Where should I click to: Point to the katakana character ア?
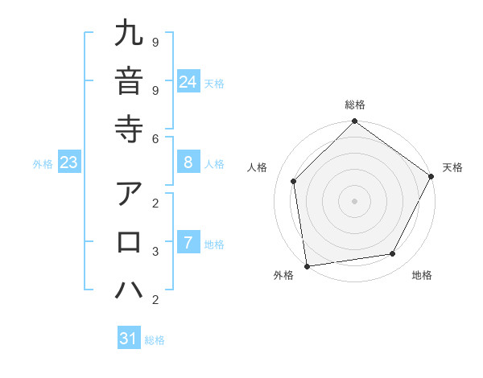tap(129, 195)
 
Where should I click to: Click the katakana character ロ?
tap(129, 241)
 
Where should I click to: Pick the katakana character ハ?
tap(129, 289)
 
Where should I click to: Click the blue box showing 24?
tap(188, 82)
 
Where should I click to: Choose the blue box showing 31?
tap(129, 339)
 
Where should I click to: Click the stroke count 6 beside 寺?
tap(154, 138)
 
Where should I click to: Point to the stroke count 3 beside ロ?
tap(154, 251)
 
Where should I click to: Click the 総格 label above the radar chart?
tap(354, 105)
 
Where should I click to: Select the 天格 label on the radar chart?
tap(452, 167)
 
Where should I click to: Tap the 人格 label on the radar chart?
tap(258, 167)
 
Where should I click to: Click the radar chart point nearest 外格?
tap(307, 265)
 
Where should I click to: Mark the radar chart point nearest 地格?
tap(393, 253)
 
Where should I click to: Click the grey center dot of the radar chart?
tap(354, 200)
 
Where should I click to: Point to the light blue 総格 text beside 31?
tap(155, 340)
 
